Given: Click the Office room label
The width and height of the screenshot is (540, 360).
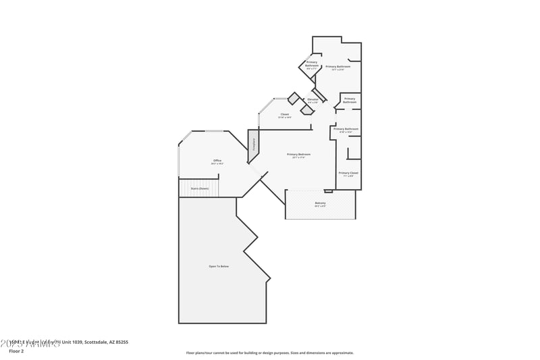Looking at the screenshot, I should (217, 160).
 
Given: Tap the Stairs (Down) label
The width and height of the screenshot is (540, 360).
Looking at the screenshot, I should (199, 188).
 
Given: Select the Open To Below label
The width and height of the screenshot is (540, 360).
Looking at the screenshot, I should (219, 267).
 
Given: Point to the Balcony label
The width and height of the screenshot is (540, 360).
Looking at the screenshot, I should (320, 203).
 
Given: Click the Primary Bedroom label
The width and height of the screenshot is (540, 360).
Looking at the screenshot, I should (298, 155).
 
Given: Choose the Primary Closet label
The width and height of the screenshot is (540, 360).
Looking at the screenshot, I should (348, 173).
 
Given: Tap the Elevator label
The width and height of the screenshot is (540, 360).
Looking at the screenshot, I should (313, 99).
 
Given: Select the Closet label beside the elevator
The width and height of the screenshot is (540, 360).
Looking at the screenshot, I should (285, 114).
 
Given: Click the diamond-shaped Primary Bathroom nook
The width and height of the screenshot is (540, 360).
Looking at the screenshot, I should (311, 64).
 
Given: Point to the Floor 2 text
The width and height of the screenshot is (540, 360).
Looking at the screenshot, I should (16, 351).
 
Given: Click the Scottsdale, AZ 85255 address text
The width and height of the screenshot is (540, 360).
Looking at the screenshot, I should (105, 342).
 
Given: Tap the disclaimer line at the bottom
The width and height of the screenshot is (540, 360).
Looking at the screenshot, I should (269, 353).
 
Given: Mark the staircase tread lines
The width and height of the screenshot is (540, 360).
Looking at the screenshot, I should (199, 192).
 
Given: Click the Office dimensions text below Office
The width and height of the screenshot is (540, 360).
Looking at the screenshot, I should (217, 163).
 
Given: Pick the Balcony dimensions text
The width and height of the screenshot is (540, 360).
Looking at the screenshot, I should (320, 206).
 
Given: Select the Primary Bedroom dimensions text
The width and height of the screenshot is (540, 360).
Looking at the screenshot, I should (298, 158).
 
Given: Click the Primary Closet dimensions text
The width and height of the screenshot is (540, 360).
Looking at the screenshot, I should (348, 176).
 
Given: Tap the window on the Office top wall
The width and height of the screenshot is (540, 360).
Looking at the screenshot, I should (215, 131).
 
